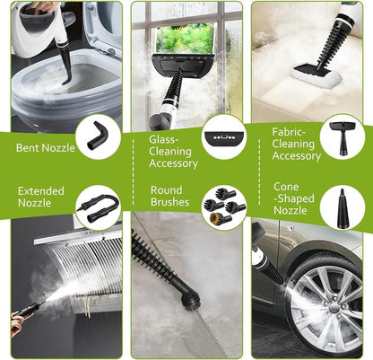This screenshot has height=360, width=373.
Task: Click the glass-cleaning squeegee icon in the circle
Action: (x=219, y=145)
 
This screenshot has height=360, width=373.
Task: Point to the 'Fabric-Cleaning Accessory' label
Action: (x=296, y=144)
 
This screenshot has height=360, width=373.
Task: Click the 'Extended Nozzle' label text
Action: (x=41, y=197)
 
